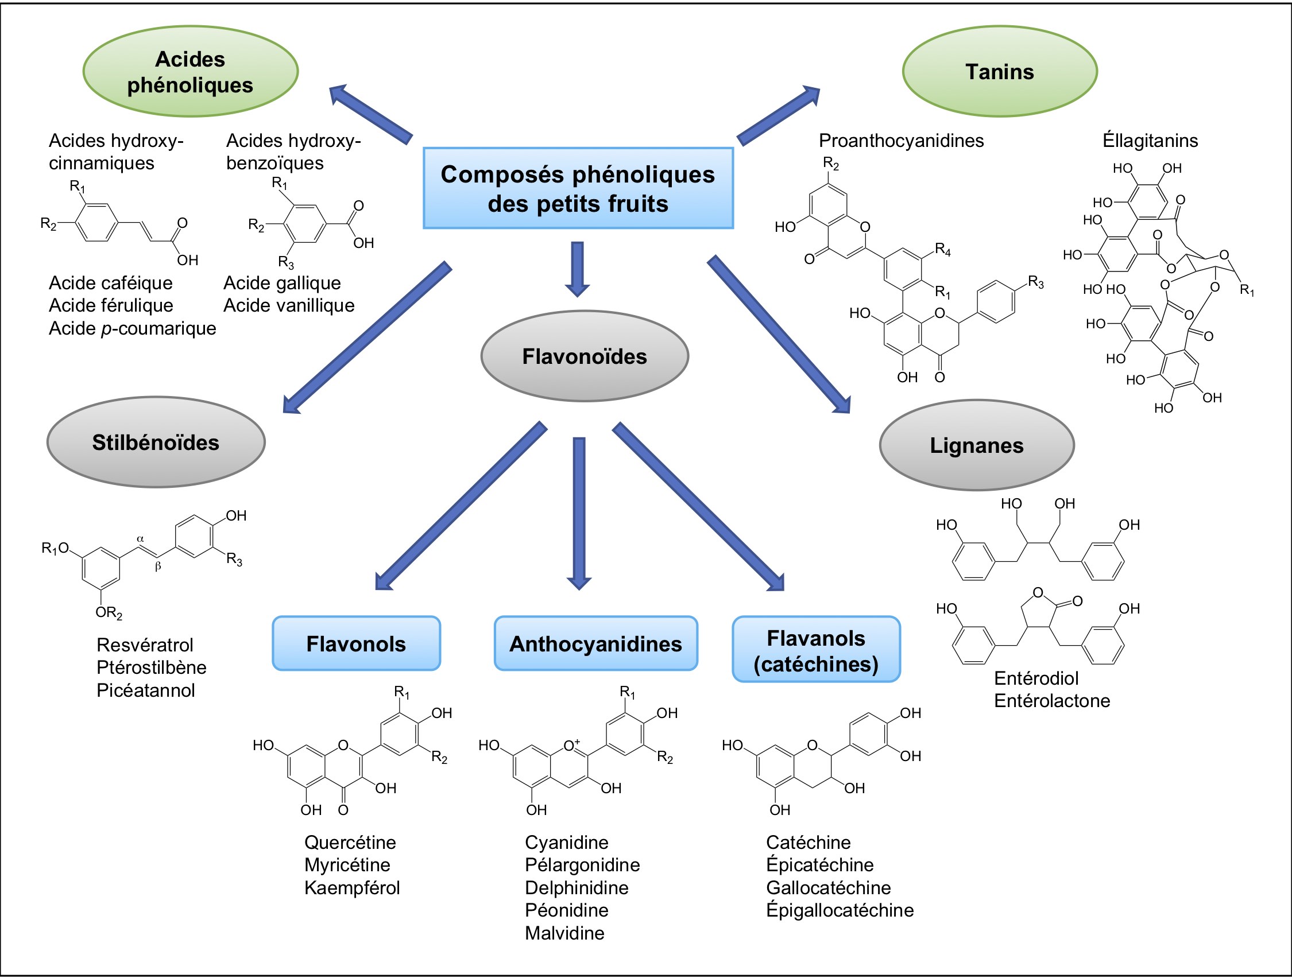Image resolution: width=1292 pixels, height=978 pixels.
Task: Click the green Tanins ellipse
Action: point(999,71)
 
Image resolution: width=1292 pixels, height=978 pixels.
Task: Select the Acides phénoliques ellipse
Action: point(191,71)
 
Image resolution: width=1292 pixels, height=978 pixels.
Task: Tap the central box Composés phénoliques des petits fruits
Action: point(578,188)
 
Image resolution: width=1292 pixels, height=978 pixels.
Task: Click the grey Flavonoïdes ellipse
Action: point(585,356)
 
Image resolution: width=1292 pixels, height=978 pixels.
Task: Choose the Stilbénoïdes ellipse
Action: point(156,442)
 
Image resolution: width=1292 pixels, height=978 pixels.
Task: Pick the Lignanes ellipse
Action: point(977,445)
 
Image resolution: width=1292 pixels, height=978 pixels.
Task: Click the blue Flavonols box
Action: point(356,643)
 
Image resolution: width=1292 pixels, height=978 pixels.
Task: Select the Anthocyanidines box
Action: point(596,643)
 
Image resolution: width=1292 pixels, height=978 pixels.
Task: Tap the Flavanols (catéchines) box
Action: point(816,649)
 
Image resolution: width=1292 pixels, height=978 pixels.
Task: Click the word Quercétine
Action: point(350,842)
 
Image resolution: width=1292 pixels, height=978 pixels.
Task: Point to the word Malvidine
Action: point(564,933)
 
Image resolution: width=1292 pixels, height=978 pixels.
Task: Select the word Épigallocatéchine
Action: point(840,910)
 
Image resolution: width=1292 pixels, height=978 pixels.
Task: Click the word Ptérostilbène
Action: point(151,667)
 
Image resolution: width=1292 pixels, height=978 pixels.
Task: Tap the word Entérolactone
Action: point(1052,700)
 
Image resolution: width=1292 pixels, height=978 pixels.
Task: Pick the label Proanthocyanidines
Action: point(902,141)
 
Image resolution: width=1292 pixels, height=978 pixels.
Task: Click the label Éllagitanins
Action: point(1150,140)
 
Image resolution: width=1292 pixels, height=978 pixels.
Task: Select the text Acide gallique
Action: point(282,283)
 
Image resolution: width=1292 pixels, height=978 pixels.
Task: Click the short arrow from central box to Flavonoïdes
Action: point(578,269)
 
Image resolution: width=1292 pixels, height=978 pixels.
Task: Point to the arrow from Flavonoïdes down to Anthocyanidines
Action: point(579,514)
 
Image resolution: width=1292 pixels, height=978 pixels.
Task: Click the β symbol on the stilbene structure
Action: point(158,566)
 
